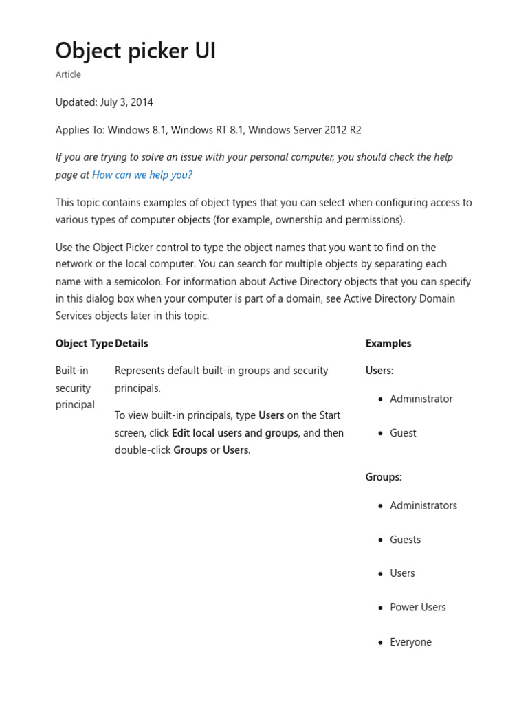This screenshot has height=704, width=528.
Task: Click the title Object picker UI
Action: [x=135, y=50]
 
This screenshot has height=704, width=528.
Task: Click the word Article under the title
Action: [x=68, y=74]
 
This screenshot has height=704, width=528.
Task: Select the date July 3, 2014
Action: [x=126, y=102]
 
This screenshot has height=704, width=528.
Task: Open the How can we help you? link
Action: [x=142, y=175]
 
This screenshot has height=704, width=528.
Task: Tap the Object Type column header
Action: [x=85, y=343]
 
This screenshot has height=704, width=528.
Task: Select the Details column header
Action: [x=131, y=343]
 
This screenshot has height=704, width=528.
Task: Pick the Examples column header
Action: [x=388, y=343]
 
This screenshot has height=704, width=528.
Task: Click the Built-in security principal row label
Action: [x=75, y=388]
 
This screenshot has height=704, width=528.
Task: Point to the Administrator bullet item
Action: [x=421, y=399]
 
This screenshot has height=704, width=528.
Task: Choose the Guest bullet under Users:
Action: [x=403, y=433]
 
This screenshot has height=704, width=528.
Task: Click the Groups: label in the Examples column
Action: [x=384, y=476]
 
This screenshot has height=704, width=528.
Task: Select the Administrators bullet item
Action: [x=423, y=505]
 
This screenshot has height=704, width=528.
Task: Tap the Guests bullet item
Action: [x=405, y=540]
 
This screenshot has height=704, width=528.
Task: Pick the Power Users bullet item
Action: [x=417, y=607]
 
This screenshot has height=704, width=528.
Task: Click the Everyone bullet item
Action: [x=410, y=642]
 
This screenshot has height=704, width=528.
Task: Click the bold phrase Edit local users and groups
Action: [x=235, y=433]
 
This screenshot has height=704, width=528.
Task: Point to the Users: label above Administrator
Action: [x=379, y=371]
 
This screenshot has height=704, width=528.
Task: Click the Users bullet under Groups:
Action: [x=402, y=573]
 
